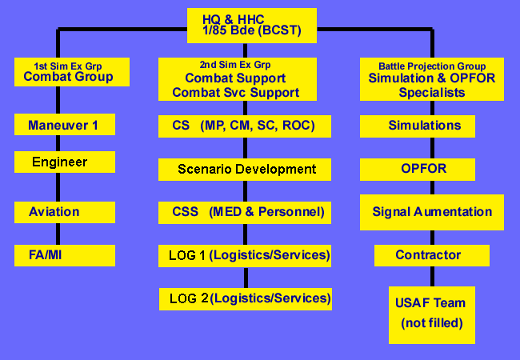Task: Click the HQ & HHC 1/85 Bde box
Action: coord(252,26)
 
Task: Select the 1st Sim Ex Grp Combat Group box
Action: coord(72,72)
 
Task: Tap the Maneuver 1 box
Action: coord(65,124)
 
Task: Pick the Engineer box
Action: coord(65,162)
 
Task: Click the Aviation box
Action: coord(65,212)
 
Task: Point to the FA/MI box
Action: coord(65,255)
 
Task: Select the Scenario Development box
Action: coord(245,170)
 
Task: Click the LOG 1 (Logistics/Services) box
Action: coord(245,256)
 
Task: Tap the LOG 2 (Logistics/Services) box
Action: coord(246,299)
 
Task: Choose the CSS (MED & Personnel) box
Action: coord(245,213)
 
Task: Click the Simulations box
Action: coord(418,126)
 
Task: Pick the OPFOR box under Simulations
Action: coord(418,170)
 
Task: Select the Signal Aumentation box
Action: coord(432,213)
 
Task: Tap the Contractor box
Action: coord(432,255)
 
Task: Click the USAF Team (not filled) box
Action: coord(432,315)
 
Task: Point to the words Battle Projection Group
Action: coord(432,66)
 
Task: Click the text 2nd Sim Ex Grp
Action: coord(235,65)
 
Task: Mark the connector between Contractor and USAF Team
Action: coord(433,277)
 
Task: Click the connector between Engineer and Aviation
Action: coord(58,187)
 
